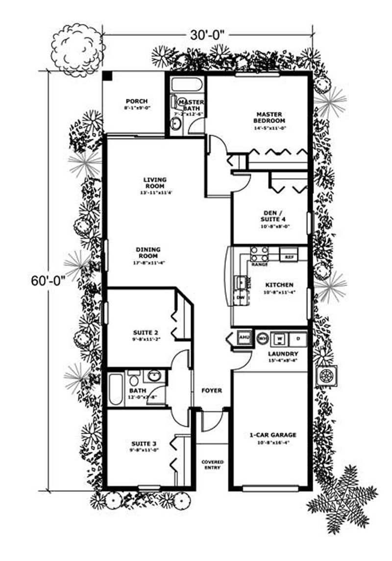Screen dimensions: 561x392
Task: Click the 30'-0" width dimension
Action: tap(208, 35)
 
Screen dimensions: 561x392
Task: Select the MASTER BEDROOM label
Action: tap(269, 117)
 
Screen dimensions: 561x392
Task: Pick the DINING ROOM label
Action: tap(148, 253)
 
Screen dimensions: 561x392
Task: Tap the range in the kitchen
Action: tap(259, 254)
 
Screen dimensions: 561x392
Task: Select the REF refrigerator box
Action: tap(289, 256)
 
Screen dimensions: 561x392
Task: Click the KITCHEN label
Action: tap(279, 285)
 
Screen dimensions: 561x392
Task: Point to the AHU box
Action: tap(244, 338)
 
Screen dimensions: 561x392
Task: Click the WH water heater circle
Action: tap(262, 338)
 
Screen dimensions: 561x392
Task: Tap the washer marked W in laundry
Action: tap(280, 338)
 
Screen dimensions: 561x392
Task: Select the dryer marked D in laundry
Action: tap(298, 338)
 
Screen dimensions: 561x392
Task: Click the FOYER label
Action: tap(212, 390)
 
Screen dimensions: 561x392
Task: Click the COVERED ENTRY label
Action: tap(213, 464)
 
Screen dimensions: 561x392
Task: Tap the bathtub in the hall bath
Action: tap(116, 390)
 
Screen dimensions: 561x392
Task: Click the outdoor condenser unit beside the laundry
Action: tap(325, 376)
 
